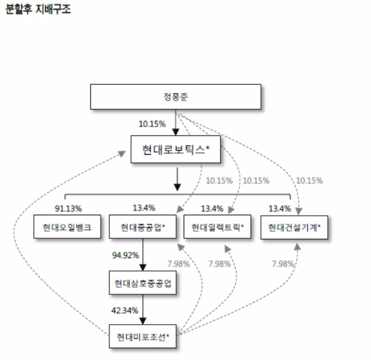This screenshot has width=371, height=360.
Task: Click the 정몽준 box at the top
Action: point(176,98)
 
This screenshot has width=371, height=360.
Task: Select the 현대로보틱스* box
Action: point(176,149)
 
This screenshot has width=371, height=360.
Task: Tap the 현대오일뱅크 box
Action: point(64,227)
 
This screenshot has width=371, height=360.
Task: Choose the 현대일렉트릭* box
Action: point(218,227)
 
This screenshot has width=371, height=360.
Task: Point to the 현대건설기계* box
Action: point(294,227)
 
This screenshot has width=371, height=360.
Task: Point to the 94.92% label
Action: point(125,255)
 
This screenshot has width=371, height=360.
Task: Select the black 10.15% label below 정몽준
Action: point(152,124)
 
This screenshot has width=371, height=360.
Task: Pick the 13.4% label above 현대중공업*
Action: point(143,208)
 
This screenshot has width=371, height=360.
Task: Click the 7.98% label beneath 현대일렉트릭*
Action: point(220,264)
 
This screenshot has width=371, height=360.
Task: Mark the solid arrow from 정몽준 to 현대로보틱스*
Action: point(176,124)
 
